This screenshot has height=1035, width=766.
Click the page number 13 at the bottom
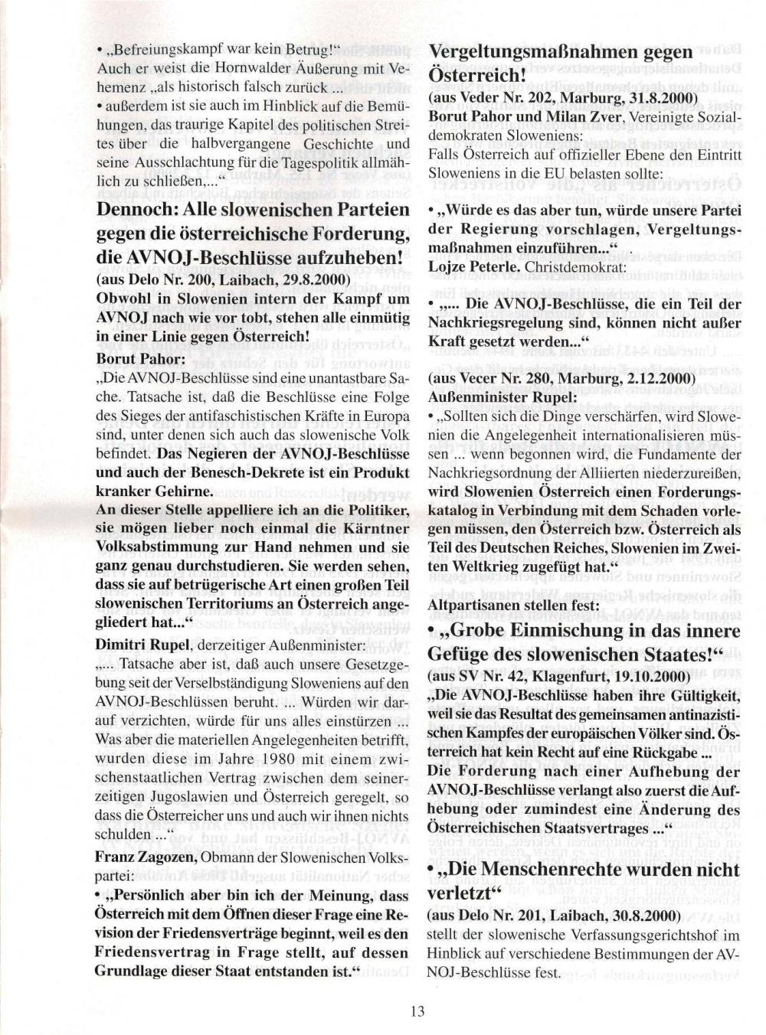tap(417, 1011)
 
